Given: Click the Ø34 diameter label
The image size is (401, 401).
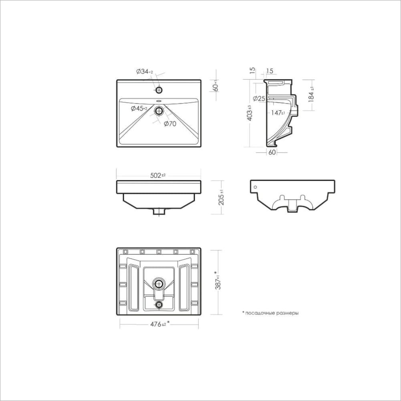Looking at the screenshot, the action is [144, 72].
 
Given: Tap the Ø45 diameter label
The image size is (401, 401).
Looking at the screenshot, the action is [139, 108].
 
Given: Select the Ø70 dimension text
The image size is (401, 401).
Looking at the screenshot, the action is [170, 124].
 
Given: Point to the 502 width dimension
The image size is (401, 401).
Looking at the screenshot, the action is [158, 176].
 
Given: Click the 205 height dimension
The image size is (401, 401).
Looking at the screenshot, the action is [221, 197].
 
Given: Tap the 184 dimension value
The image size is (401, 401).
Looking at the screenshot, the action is [311, 94].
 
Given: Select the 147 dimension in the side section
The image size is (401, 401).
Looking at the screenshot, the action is [278, 113].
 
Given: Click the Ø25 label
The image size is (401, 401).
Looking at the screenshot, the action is [259, 98].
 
